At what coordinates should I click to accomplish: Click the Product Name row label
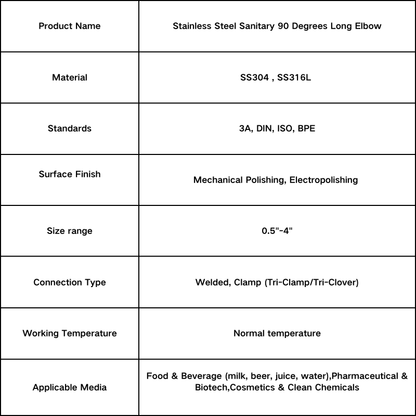pos(70,26)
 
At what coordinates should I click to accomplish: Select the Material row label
pos(70,77)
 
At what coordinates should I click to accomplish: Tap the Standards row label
pos(70,128)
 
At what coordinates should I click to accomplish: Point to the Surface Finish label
pos(70,174)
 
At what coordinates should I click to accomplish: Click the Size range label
pos(70,231)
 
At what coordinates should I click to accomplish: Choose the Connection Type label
pos(70,282)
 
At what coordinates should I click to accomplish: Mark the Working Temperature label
pos(70,333)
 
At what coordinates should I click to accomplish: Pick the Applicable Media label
pos(70,387)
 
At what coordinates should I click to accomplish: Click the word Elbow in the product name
pos(369,26)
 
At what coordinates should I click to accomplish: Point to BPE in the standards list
pos(306,128)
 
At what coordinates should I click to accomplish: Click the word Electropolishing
pos(323,180)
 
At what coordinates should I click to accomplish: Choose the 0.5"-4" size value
pos(277,231)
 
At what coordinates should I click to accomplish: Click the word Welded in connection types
pos(211,282)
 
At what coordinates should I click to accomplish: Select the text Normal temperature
pos(277,333)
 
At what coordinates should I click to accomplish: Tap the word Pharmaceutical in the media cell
pos(367,376)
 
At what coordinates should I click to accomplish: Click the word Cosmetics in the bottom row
pos(253,387)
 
